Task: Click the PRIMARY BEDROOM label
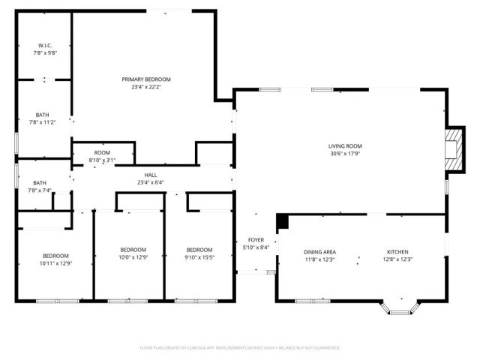(146, 79)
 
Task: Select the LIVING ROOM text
(345, 145)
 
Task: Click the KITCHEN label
(397, 251)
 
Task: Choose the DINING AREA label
(319, 251)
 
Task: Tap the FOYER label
(253, 240)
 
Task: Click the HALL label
(151, 175)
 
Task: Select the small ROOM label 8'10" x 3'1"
(102, 152)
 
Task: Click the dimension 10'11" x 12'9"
(55, 263)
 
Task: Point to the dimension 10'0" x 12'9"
(133, 257)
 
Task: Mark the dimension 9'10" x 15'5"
(199, 257)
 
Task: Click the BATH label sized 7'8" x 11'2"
(41, 115)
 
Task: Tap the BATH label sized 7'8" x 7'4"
(40, 182)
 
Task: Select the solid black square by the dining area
(283, 220)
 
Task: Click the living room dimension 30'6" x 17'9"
(345, 154)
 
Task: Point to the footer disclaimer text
(240, 348)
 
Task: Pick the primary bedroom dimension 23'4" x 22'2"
(146, 87)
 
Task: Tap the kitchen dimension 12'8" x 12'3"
(397, 259)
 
